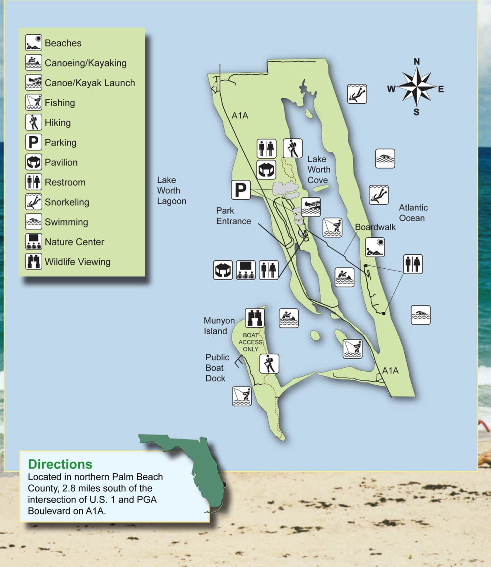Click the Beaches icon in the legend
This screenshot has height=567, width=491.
point(34,43)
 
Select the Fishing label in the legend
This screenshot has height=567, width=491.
point(60,103)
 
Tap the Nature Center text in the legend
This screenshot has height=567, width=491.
point(74,242)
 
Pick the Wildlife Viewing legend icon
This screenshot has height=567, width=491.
point(34,261)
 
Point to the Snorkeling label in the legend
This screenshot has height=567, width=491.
point(67,202)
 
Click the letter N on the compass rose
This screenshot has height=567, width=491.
point(416,62)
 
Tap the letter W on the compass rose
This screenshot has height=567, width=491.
point(391,89)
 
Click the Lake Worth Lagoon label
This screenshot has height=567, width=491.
point(171,190)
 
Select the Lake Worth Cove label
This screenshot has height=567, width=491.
point(319,169)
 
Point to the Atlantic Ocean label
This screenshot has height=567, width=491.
point(413,213)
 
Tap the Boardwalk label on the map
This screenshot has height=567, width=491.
point(375,227)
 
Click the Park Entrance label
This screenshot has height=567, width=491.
point(233,216)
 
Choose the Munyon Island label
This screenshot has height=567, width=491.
point(219,326)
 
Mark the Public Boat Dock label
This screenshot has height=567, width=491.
point(217,368)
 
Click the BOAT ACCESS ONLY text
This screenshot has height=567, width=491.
point(250,342)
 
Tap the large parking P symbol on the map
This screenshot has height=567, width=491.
point(241,190)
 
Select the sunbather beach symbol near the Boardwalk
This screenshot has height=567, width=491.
point(375,247)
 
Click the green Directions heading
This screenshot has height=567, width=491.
point(60,464)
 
